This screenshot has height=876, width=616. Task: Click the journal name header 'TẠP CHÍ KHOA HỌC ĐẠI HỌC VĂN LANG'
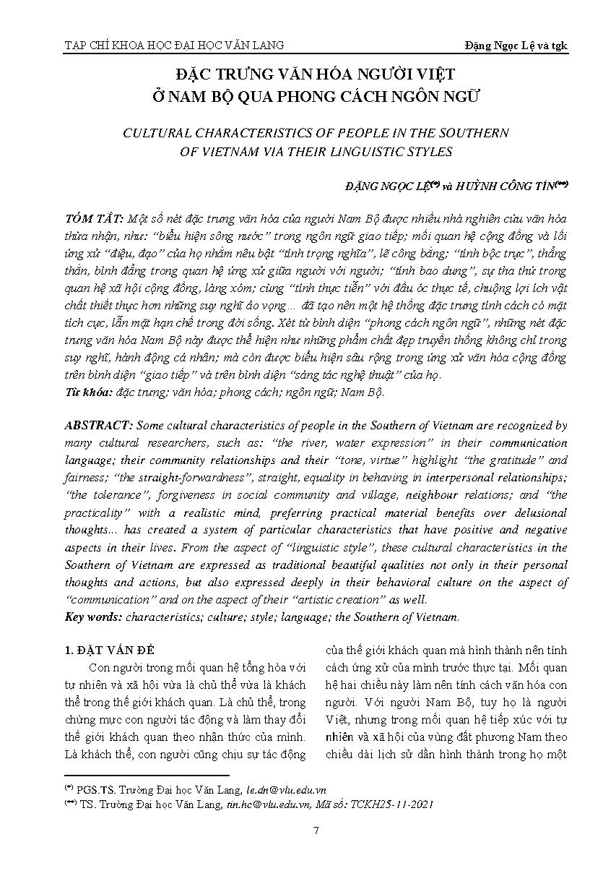tap(174, 46)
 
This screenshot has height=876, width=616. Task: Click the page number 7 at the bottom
tap(316, 830)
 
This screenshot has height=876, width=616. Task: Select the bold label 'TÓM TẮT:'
tap(90, 219)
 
